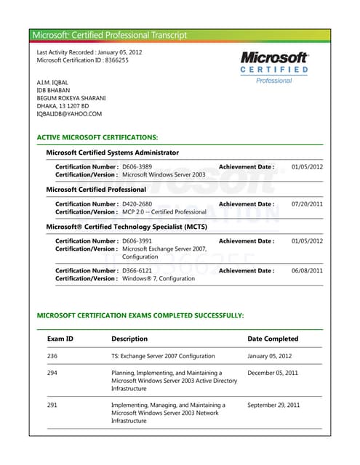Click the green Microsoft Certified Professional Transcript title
click(110, 35)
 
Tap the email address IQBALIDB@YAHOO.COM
click(69, 113)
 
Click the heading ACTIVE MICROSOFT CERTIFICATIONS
click(97, 137)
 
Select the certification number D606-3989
click(137, 167)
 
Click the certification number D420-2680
click(137, 204)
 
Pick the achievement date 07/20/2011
click(307, 204)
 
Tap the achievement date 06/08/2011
click(307, 270)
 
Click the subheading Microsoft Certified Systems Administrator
click(112, 153)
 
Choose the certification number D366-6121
click(137, 270)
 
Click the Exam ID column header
click(60, 339)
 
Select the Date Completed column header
click(273, 339)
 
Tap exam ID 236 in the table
click(52, 356)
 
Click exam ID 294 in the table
click(52, 372)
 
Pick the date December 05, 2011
click(273, 372)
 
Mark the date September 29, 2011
click(273, 405)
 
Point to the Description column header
click(129, 339)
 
